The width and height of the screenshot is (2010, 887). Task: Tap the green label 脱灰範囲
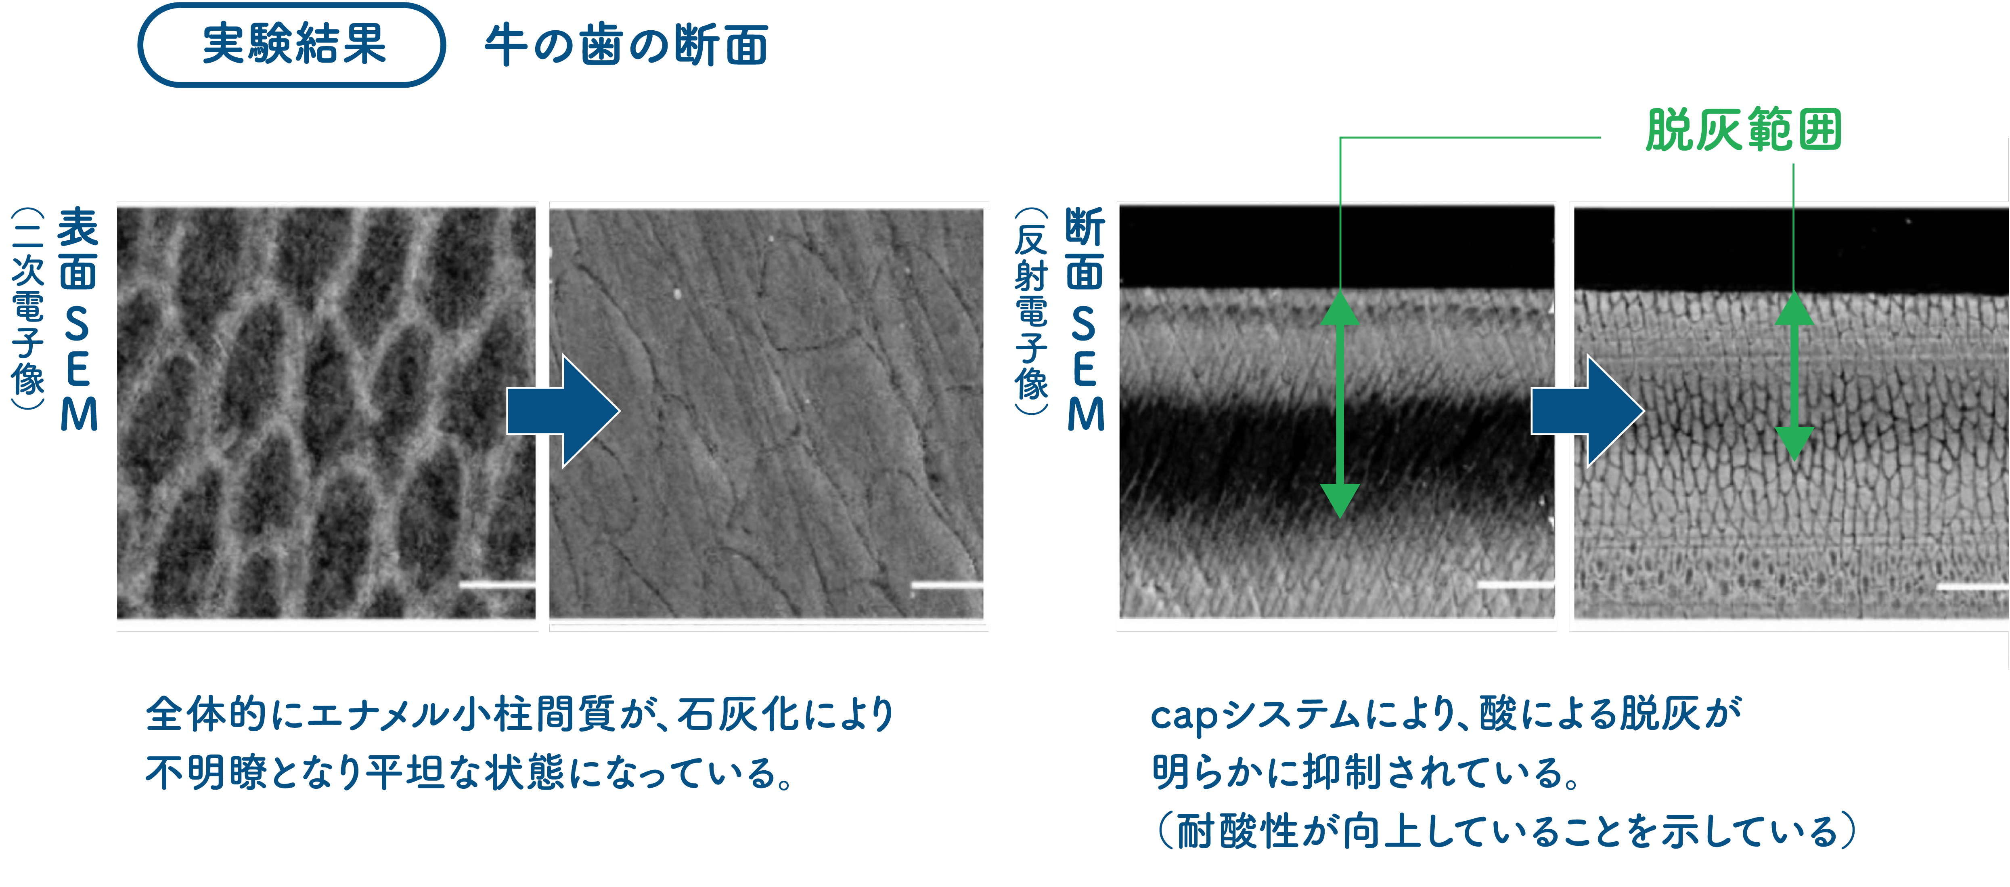point(1743,130)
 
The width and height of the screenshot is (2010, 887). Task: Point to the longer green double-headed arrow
point(1340,404)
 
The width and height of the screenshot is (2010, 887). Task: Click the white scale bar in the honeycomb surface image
point(497,584)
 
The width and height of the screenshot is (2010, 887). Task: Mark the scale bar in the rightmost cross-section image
point(1972,586)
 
